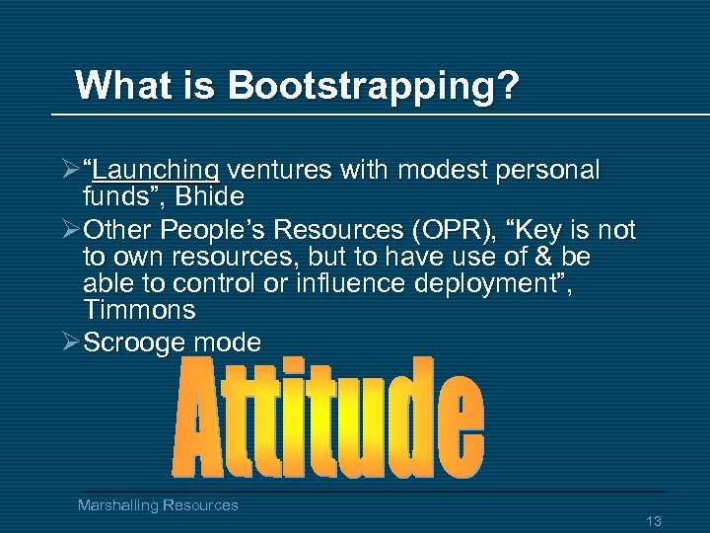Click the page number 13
coord(651,520)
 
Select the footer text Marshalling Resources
coord(158,504)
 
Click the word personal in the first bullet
coord(547,171)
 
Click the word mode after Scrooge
coord(235,343)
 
